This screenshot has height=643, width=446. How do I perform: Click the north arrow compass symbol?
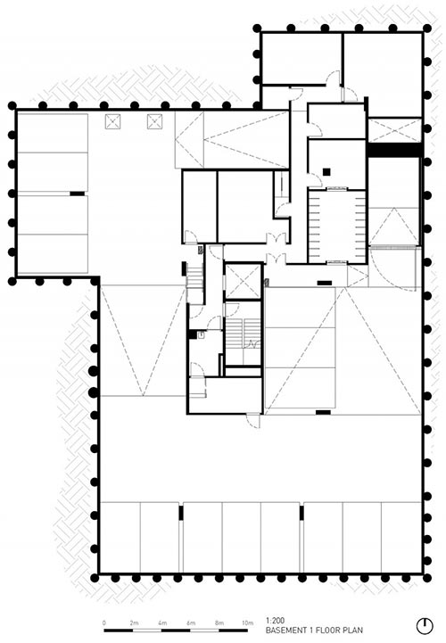point(425,626)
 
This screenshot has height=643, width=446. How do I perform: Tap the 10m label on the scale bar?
point(247,622)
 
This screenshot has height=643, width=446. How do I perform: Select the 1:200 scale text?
point(275,621)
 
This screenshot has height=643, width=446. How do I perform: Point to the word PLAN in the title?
point(353,631)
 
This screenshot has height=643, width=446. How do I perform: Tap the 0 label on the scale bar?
point(104,622)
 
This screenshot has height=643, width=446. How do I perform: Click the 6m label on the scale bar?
point(190,622)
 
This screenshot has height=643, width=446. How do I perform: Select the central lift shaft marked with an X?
point(244,282)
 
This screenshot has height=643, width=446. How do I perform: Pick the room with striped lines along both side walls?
point(337,227)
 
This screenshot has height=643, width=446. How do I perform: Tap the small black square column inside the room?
point(326,172)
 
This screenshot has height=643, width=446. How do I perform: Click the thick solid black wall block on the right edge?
point(395,150)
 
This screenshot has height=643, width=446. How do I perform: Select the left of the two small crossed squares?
point(112,122)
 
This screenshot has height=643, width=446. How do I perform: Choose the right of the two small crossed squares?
point(154,122)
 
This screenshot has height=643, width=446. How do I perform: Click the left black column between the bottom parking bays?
point(181,513)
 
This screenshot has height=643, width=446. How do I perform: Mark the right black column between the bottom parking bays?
point(301,513)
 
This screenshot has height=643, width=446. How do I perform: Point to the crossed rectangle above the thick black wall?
point(394,130)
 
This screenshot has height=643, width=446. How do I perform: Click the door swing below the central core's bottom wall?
point(253,421)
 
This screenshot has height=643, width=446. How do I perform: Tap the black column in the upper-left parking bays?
point(77,194)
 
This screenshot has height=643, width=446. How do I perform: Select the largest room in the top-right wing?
point(383,75)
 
